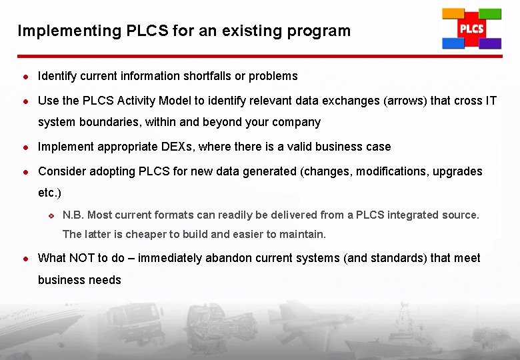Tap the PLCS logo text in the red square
point(471,29)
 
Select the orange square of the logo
point(453,14)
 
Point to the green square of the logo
point(490,14)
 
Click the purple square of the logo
point(490,43)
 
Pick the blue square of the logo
point(453,43)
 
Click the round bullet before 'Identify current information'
point(23,77)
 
